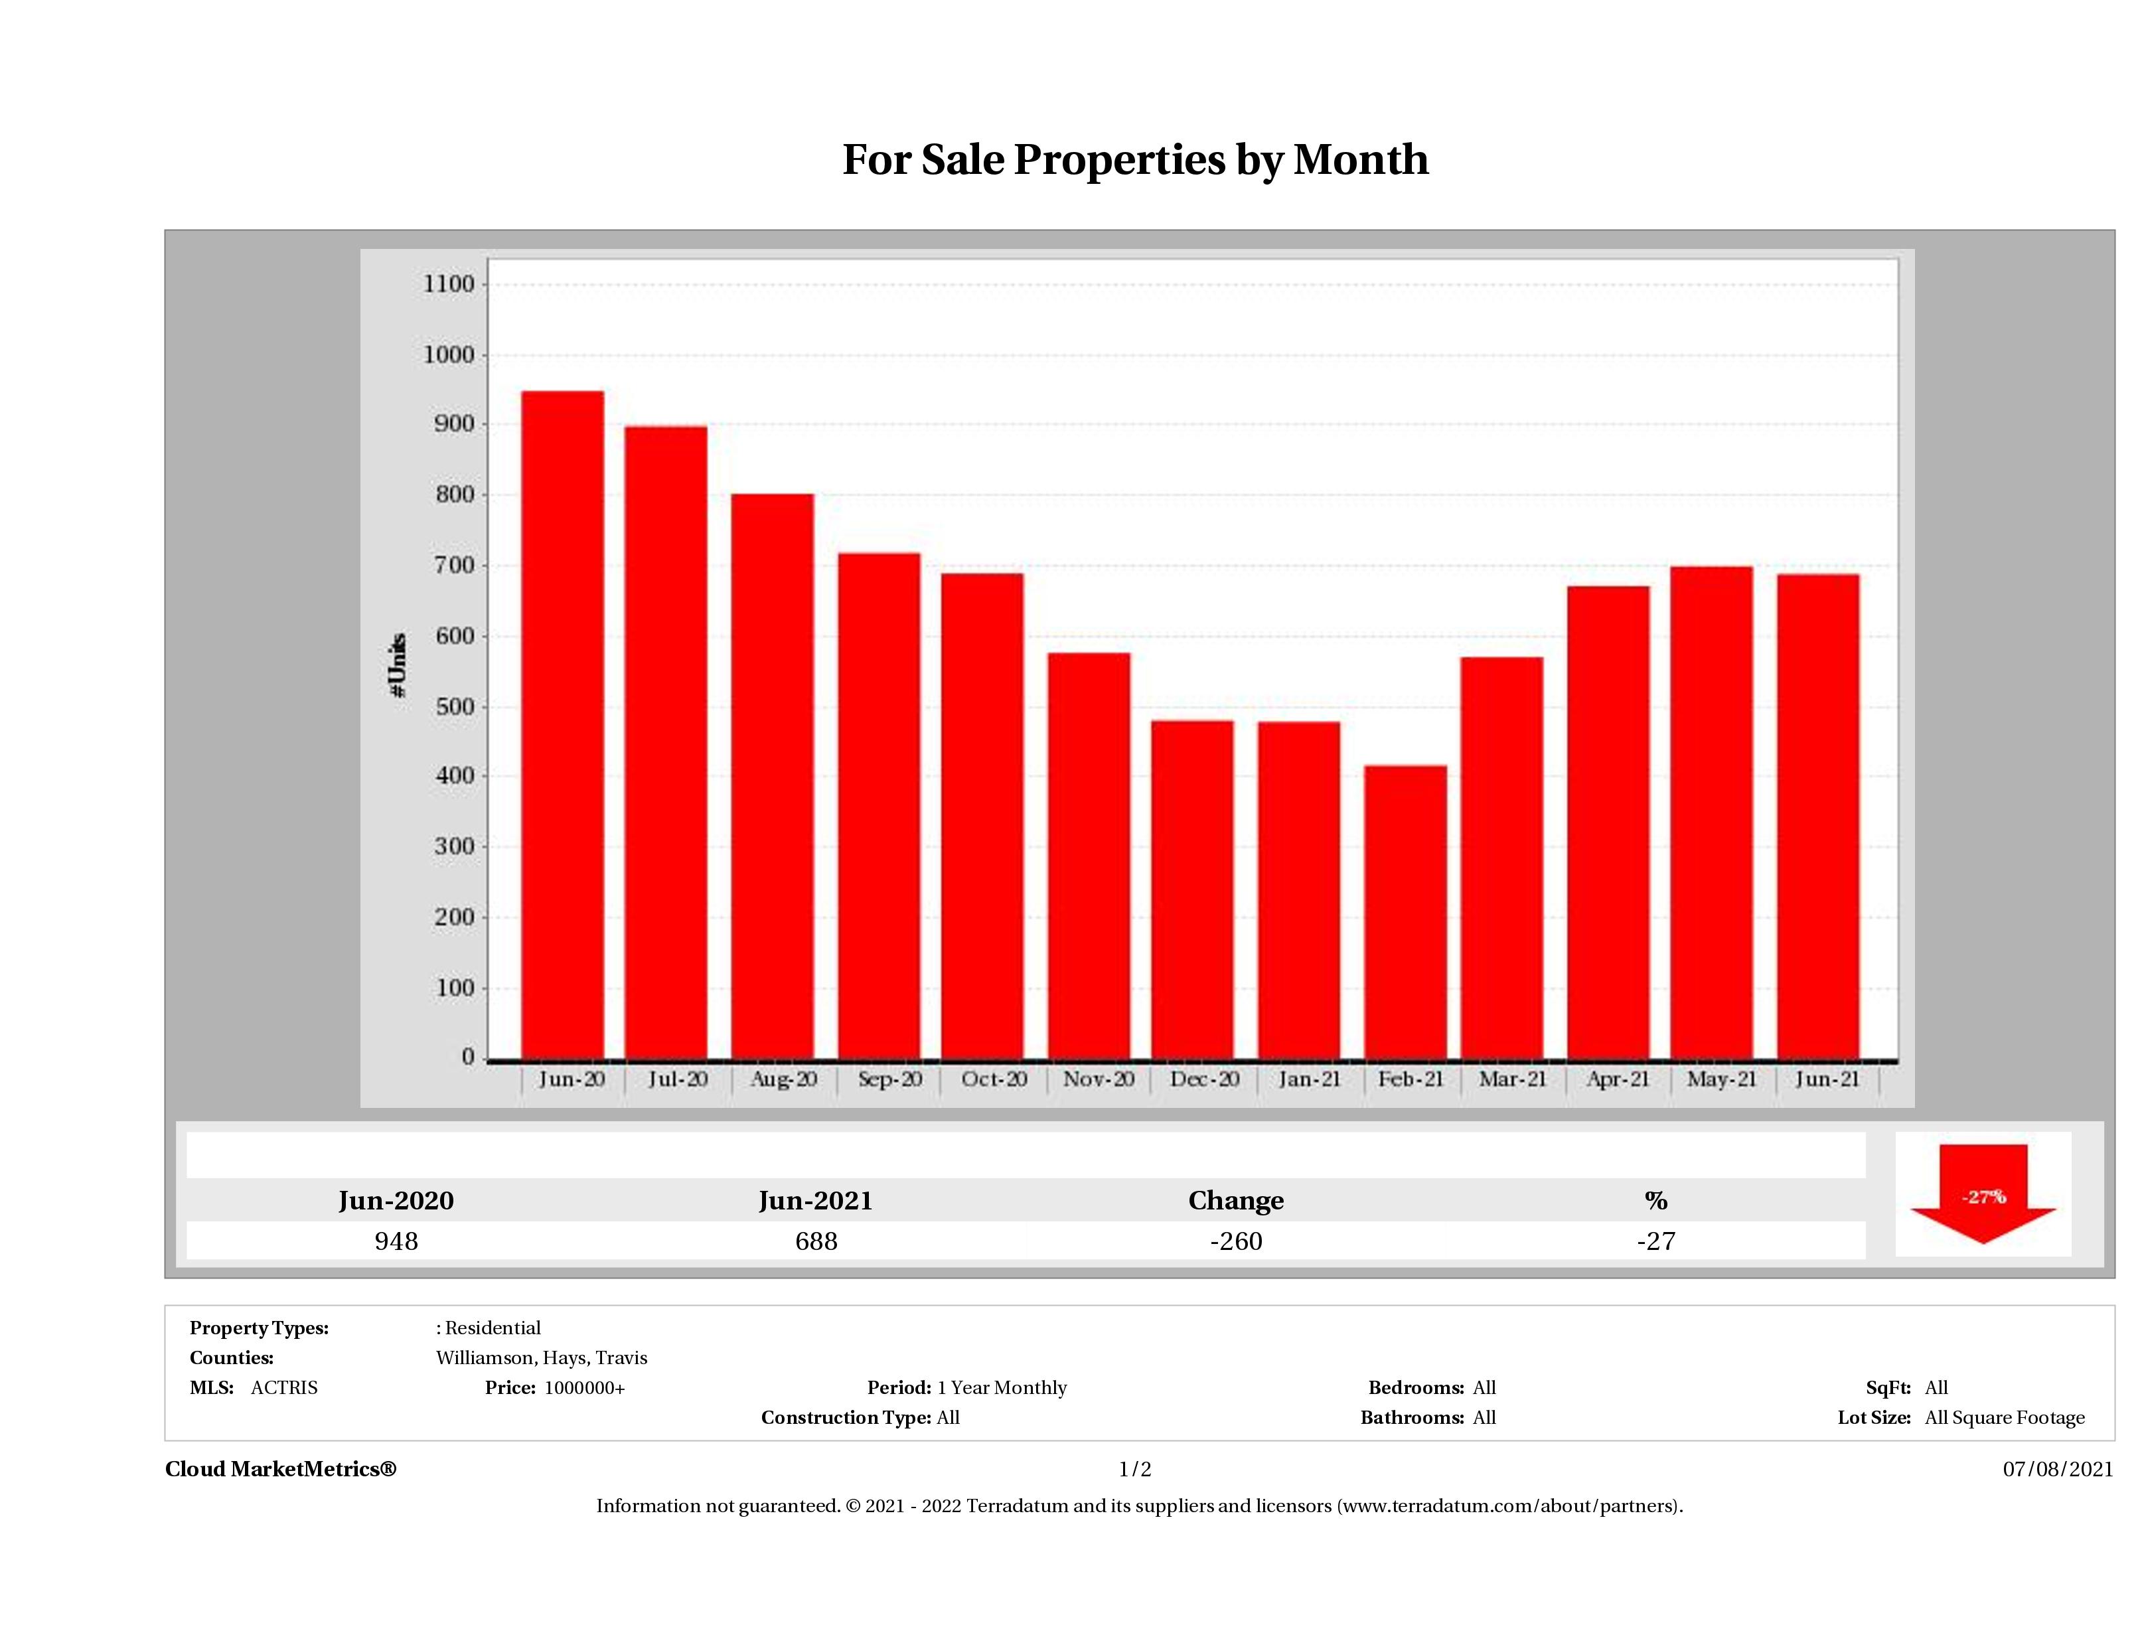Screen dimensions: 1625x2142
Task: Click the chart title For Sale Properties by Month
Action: click(1135, 160)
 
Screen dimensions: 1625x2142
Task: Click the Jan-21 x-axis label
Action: click(1309, 1079)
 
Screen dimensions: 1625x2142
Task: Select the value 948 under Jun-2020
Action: click(396, 1241)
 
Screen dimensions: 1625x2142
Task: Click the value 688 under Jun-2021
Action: click(816, 1241)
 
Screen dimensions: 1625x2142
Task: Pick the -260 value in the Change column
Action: click(1236, 1241)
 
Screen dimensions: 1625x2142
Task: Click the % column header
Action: click(1656, 1201)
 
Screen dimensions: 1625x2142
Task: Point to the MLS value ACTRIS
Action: click(283, 1388)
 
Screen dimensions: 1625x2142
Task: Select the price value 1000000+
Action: click(585, 1388)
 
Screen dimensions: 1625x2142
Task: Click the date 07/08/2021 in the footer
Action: click(2058, 1469)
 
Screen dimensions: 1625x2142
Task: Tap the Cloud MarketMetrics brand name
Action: click(281, 1469)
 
